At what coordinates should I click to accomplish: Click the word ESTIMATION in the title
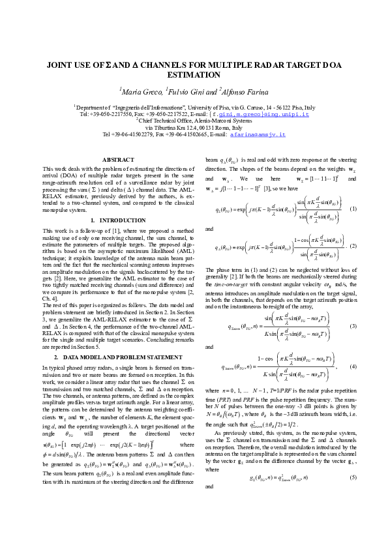click(x=194, y=75)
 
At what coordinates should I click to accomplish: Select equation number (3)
click(x=353, y=326)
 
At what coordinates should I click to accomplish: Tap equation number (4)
click(x=353, y=368)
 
